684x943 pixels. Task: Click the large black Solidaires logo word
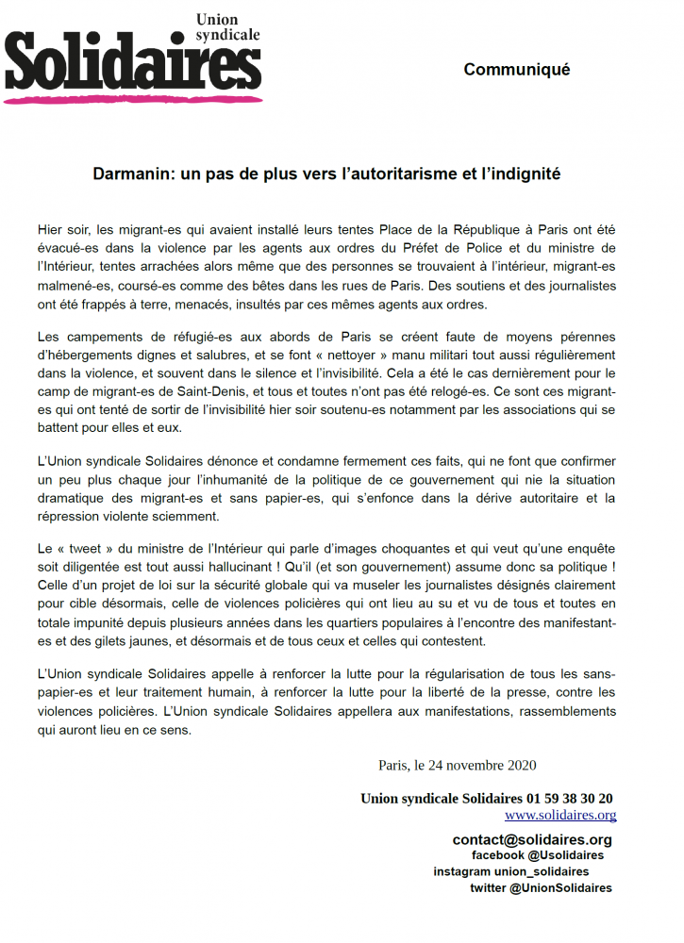(x=132, y=61)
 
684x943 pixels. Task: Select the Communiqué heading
(x=516, y=70)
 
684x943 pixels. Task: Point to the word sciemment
(x=190, y=516)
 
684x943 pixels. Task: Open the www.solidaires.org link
(x=560, y=815)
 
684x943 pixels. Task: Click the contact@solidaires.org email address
(x=532, y=839)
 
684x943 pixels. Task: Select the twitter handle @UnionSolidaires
(x=560, y=887)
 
